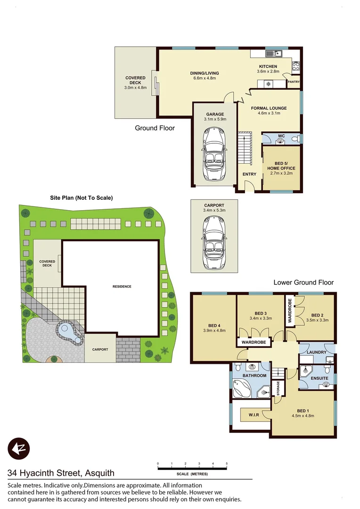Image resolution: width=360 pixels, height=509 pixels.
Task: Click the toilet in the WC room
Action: (294, 139)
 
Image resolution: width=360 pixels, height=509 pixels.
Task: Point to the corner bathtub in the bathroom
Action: (243, 389)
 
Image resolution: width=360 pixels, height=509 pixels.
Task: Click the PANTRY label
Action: (294, 82)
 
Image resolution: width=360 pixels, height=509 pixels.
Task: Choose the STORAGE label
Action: (278, 388)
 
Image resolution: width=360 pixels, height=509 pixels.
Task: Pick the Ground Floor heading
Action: (155, 128)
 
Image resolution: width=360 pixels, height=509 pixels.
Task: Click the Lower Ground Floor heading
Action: (303, 282)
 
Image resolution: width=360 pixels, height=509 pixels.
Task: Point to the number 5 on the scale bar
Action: (227, 464)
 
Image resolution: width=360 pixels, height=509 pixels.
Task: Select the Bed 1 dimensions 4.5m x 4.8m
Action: (303, 416)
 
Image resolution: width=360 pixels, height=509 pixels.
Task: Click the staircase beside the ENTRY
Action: (244, 147)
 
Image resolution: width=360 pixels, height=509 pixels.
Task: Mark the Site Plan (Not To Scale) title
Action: (82, 198)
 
